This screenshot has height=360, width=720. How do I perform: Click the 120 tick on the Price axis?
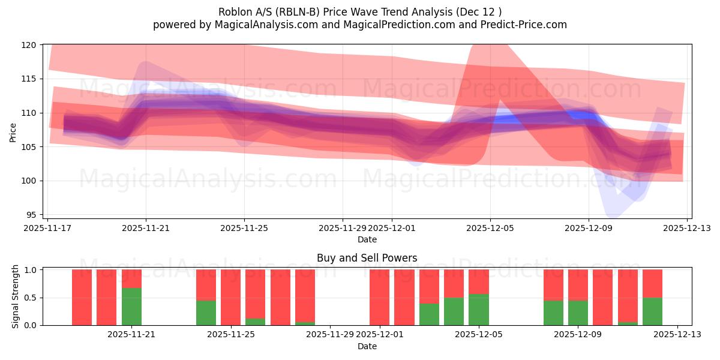30,45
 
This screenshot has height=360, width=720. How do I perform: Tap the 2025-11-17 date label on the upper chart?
47,228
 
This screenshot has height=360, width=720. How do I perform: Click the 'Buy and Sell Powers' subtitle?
367,259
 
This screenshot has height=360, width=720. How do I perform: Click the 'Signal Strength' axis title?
16,297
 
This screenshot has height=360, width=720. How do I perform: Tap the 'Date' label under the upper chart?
367,239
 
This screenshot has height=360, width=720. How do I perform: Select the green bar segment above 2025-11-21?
131,307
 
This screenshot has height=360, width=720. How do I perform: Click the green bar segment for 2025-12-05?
478,310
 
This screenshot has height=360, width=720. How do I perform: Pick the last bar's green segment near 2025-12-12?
652,311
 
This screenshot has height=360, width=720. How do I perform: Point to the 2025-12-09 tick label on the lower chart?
578,335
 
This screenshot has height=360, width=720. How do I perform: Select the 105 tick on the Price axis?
30,147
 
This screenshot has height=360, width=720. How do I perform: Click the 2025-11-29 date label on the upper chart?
342,228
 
